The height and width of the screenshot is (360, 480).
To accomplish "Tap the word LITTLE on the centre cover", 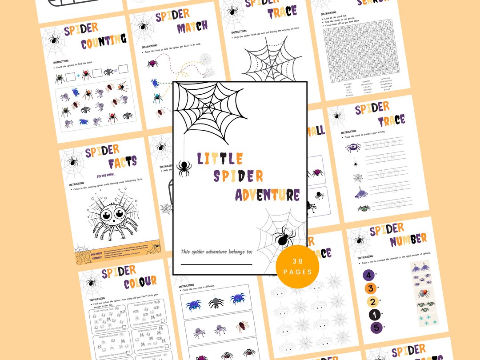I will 220,159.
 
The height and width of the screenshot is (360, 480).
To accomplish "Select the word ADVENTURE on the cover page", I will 268,195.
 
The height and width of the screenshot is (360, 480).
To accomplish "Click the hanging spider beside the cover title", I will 184,168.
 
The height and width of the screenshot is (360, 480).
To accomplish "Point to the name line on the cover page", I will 216,264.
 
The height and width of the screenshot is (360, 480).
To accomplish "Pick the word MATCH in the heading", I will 192,28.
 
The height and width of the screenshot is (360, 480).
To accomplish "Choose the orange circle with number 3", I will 370,288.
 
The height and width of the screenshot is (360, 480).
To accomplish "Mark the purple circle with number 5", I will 376,328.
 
